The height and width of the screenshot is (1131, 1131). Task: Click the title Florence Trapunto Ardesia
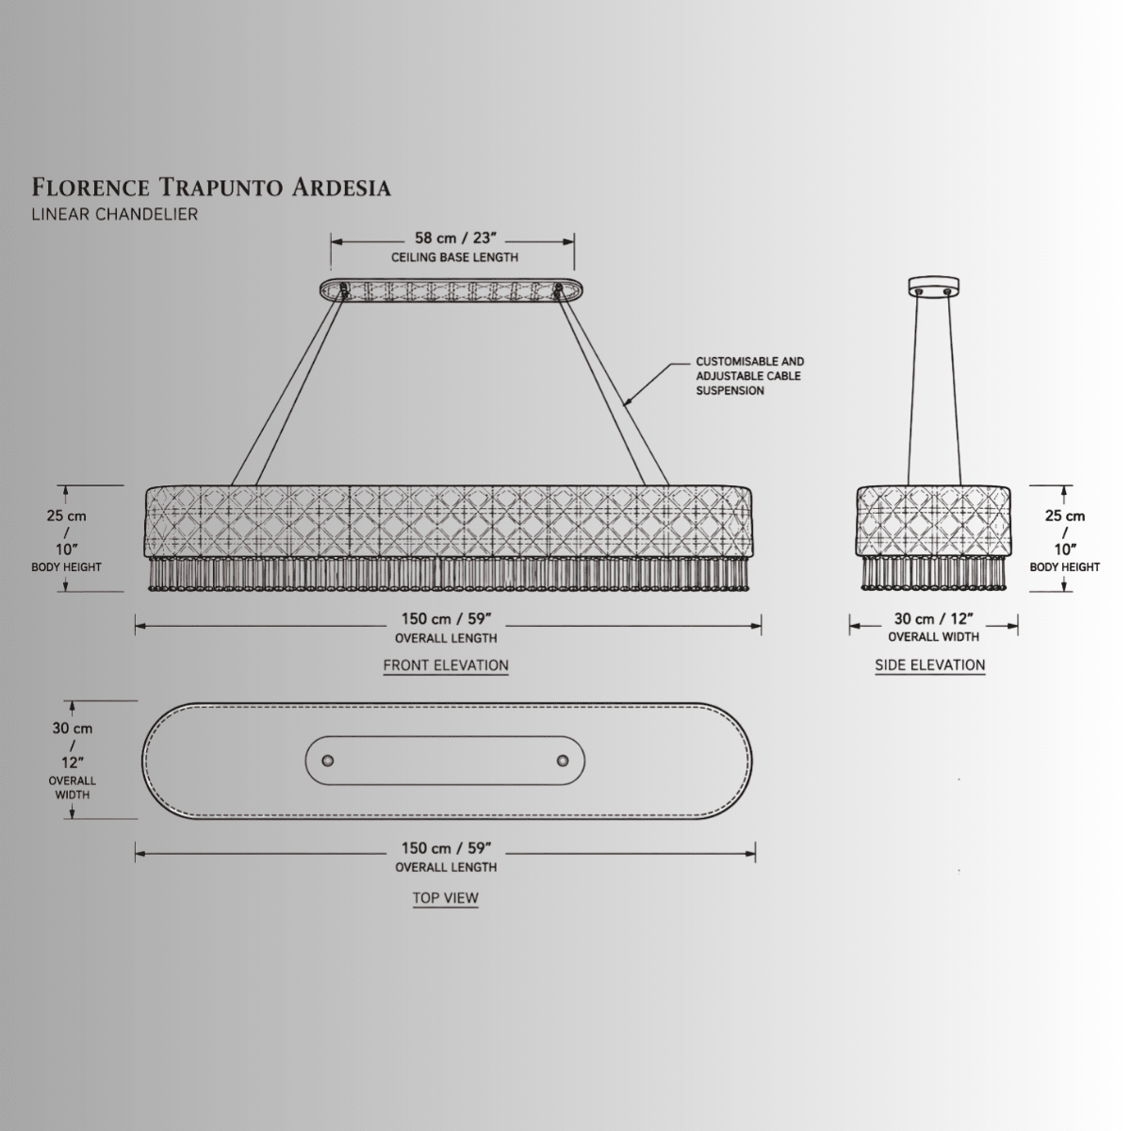(x=211, y=188)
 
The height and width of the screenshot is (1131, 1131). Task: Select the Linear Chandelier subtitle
(x=115, y=214)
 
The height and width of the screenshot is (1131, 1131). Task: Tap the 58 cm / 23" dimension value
(x=455, y=238)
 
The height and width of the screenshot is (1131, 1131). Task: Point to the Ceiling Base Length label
(x=455, y=257)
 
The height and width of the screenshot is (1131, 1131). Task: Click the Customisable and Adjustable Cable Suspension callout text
(x=750, y=376)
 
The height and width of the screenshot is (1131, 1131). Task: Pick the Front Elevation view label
(x=446, y=665)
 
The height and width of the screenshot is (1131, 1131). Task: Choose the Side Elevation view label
(x=929, y=665)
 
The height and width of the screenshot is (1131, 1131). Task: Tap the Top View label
(x=446, y=897)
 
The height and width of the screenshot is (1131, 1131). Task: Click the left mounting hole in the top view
(x=328, y=761)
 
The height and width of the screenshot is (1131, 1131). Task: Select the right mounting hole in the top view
(x=563, y=761)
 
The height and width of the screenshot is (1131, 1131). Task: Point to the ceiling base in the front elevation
(x=451, y=290)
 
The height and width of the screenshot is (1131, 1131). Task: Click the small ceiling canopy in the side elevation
(x=933, y=287)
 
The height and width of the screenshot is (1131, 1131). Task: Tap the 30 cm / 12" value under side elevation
(x=934, y=618)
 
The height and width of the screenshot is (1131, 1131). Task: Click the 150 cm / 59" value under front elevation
(x=446, y=618)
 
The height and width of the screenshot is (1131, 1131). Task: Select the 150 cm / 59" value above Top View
(x=446, y=848)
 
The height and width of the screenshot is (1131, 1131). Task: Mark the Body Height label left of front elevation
(x=66, y=567)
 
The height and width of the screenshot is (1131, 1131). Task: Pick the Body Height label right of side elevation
(x=1065, y=567)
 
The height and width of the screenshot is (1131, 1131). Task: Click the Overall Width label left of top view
(x=73, y=788)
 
